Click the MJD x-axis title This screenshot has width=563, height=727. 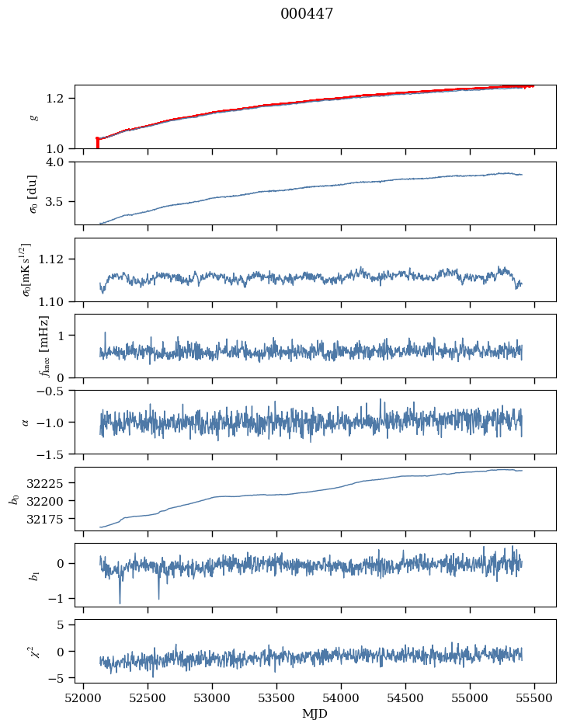point(315,713)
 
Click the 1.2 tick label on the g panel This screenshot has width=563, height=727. point(59,98)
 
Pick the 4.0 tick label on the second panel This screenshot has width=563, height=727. point(59,162)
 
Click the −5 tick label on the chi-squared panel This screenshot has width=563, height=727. point(60,678)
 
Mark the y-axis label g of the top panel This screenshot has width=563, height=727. point(33,117)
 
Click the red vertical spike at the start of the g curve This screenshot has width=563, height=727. point(97,143)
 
